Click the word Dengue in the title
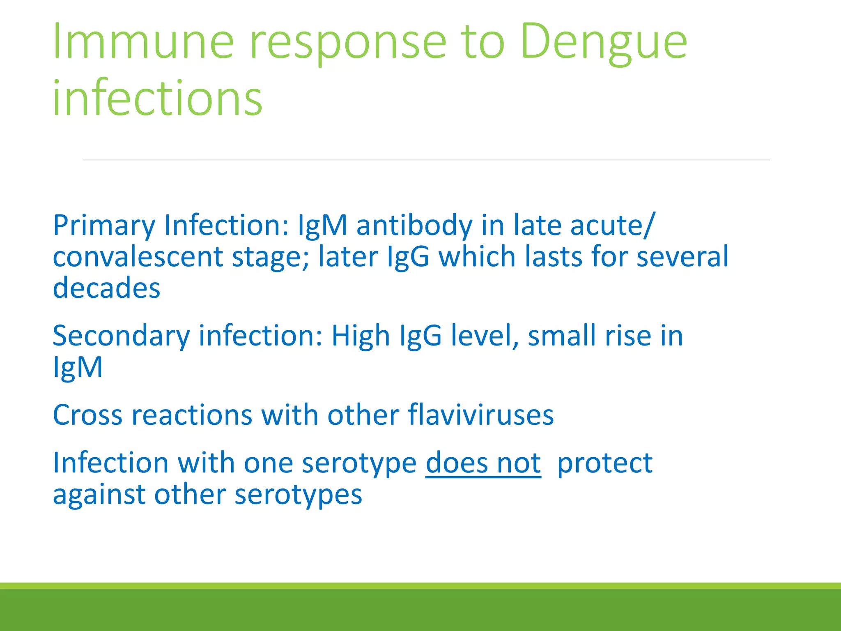[604, 43]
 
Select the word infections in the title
[157, 99]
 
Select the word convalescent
[138, 257]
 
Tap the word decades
[106, 288]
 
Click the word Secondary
[121, 336]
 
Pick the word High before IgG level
[360, 336]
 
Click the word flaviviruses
[481, 415]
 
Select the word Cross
[87, 415]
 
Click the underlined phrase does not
[483, 463]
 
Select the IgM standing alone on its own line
[78, 367]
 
